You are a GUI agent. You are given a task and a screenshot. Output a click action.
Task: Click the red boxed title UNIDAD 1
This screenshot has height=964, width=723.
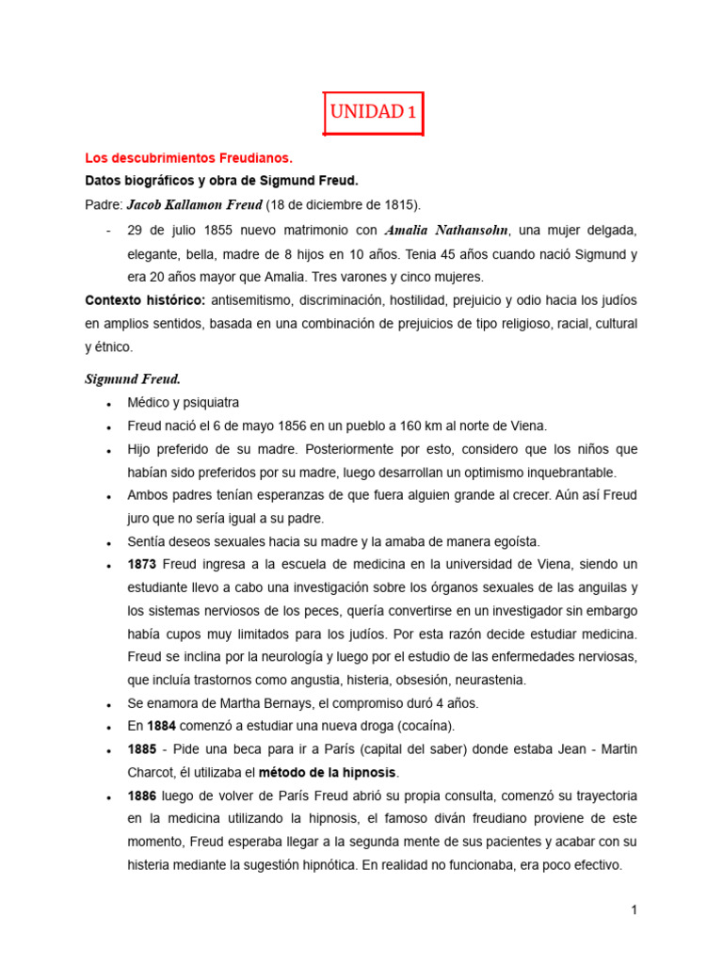[373, 113]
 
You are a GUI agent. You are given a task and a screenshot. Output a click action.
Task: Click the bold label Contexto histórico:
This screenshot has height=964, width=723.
[145, 300]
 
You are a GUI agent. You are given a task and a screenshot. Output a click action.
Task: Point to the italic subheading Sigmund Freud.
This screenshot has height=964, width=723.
[133, 379]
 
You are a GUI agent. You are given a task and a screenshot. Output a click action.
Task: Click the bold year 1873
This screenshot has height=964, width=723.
[141, 564]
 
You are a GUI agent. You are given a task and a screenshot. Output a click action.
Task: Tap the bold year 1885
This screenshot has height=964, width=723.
[141, 748]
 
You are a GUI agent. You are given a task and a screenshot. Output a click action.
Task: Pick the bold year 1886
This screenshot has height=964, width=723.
[141, 795]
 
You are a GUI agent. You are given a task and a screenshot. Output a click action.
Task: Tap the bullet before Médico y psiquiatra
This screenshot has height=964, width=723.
[112, 403]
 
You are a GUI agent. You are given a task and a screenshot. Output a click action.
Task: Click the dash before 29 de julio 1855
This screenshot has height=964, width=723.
[111, 230]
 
